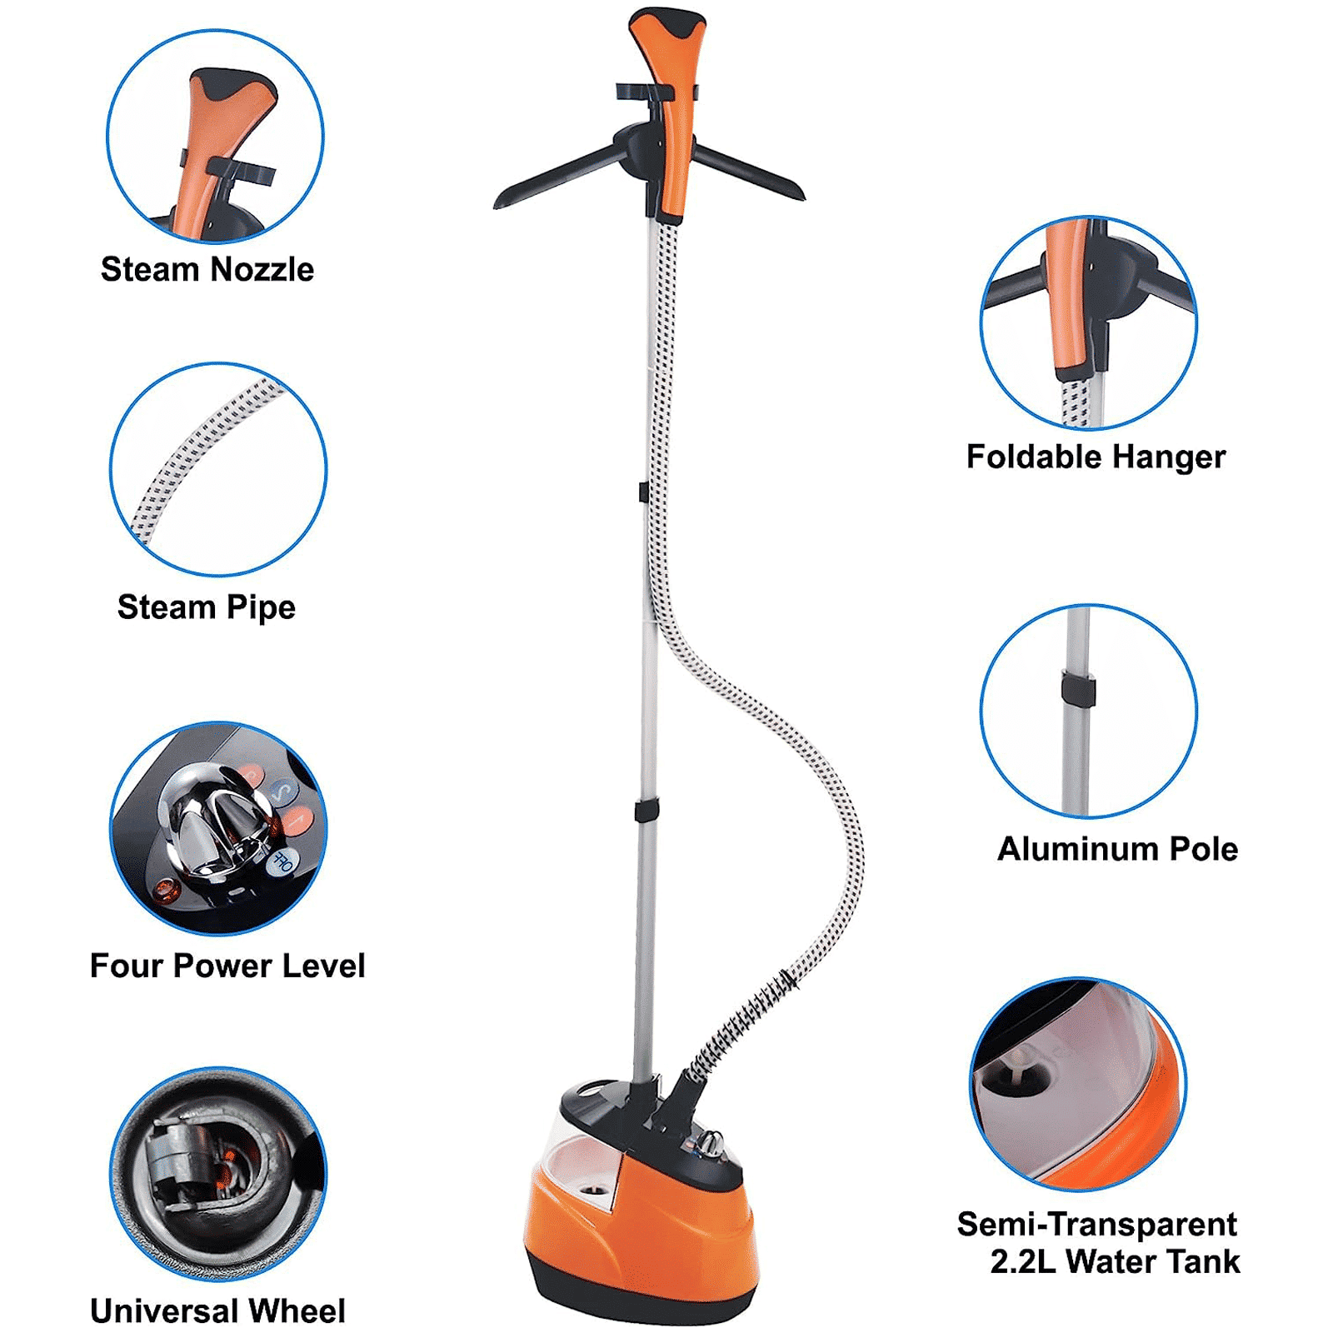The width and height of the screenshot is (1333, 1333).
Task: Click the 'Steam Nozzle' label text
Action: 207,270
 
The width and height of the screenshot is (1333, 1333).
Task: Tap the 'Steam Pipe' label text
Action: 207,607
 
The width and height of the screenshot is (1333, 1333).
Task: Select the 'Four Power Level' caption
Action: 227,966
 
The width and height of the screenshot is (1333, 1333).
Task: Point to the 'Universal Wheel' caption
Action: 218,1311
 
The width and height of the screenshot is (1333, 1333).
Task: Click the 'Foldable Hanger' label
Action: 1096,457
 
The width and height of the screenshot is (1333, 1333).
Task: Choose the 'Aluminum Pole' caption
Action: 1117,849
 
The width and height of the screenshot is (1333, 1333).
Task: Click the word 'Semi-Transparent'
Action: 1096,1225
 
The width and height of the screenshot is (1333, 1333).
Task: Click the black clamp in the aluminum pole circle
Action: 1078,690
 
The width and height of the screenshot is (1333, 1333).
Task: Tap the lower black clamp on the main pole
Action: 646,809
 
